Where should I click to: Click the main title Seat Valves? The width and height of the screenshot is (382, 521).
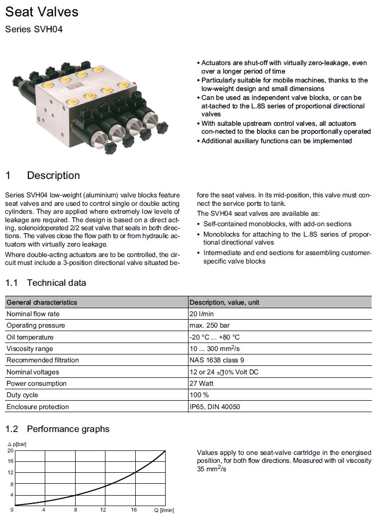coord(42,11)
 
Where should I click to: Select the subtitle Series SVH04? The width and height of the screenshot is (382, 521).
coord(34,29)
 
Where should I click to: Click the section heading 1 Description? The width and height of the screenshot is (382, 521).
coord(42,175)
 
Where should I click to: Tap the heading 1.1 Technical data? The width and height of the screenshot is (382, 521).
coord(45,283)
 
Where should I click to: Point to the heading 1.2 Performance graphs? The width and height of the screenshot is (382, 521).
coord(57,429)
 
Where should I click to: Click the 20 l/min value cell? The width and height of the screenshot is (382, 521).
coord(202,314)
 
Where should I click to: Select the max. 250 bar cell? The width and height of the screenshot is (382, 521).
coord(209,326)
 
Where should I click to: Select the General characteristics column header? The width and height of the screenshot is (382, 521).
coord(42,302)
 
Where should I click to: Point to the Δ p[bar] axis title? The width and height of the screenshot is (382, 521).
coord(16,444)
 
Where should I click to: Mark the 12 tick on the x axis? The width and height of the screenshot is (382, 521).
coord(103,510)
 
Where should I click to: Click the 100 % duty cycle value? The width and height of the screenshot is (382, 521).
coord(199,395)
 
